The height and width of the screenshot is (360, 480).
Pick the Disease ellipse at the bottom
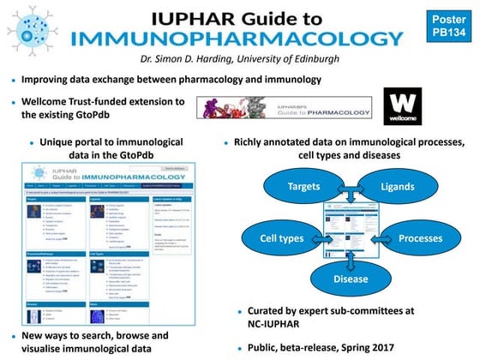tap(351, 278)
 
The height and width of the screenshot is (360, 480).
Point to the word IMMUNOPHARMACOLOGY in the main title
tap(249, 38)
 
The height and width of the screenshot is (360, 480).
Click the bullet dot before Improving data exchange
tap(12, 80)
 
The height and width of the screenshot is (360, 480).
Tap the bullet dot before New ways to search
tap(12, 336)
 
